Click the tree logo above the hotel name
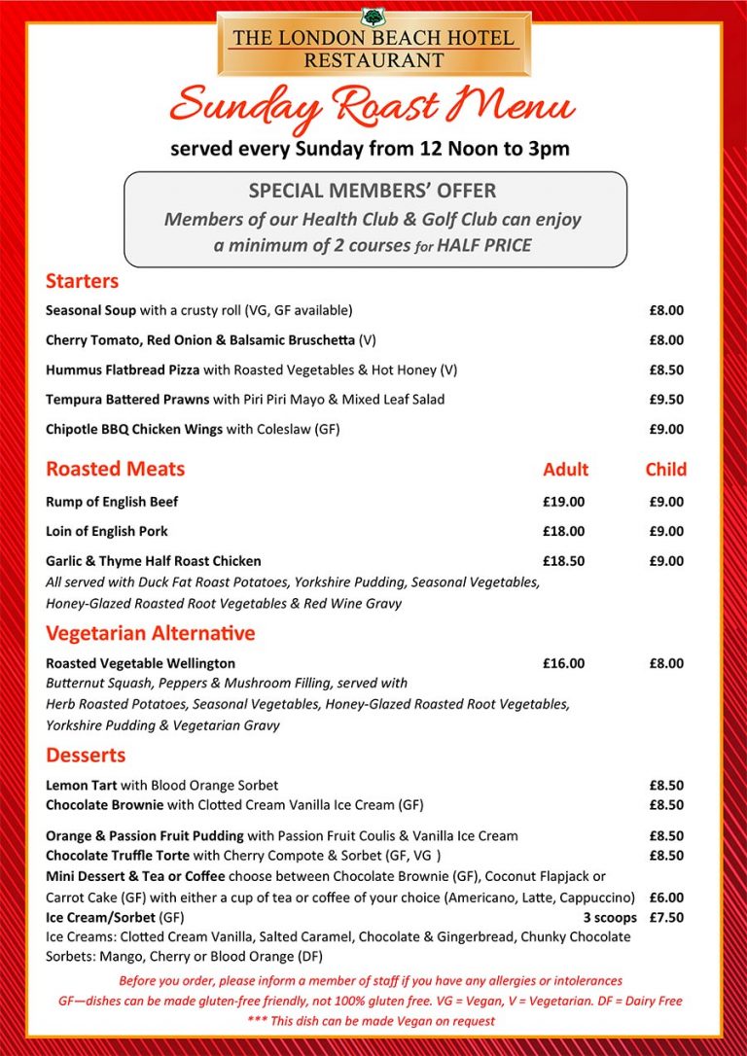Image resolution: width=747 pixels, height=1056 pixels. pos(373,18)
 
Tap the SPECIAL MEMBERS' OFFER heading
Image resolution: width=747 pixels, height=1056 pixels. pos(373,191)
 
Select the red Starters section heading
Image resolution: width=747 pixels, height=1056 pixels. pos(82,281)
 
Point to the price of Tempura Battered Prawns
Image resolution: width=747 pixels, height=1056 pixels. pos(666,400)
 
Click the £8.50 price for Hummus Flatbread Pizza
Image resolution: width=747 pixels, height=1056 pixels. pos(666,370)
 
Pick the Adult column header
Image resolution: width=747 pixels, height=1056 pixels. pos(565,470)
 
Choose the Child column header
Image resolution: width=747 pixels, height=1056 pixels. pos(665,470)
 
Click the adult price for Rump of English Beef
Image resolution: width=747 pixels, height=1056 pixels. pos(564,502)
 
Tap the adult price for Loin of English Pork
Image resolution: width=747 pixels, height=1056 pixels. pos(564,531)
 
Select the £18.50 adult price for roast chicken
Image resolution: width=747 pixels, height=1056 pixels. pos(564,561)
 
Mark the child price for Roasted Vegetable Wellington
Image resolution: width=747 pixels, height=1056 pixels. pos(666,663)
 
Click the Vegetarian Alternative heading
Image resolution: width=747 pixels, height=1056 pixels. pos(150,634)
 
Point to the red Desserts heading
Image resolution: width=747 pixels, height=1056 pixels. pos(86,756)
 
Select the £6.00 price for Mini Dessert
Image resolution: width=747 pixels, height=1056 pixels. pos(666,898)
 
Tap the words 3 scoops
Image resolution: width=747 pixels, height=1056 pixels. pos(610,917)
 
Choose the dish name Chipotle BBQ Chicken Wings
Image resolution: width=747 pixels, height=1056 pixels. pos(134,429)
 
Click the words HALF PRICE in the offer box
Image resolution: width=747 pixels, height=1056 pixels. pos(483,245)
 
